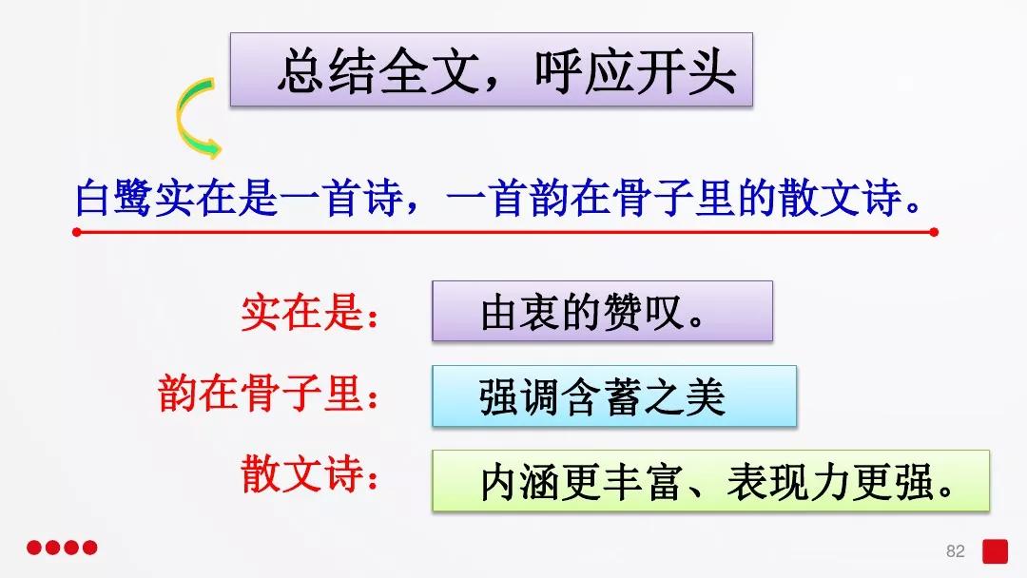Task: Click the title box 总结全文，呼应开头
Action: pos(491,69)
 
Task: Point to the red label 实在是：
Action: pos(310,313)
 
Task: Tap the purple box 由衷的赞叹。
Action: pos(602,311)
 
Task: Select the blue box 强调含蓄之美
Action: pos(613,395)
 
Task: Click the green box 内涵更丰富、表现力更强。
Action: pos(710,481)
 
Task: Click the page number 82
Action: pos(956,551)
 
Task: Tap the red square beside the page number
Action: pos(995,551)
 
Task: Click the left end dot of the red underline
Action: pos(76,231)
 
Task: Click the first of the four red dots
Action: pos(33,548)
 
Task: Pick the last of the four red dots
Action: pos(90,548)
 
